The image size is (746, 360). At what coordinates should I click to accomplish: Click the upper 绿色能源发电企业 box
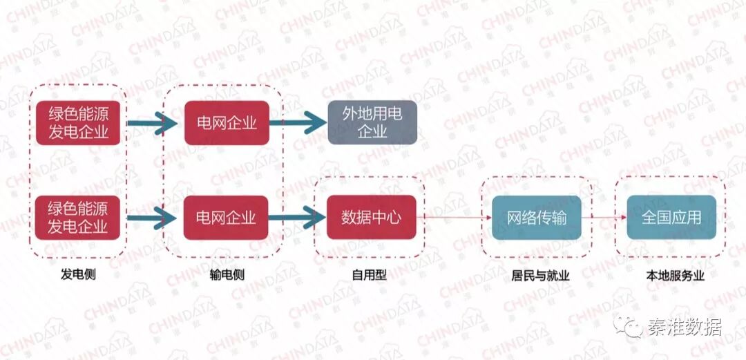click(78, 123)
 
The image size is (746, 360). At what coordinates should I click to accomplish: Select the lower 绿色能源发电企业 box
click(78, 217)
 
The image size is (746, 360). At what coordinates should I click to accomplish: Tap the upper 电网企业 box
click(227, 123)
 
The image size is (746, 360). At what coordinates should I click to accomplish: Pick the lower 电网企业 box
click(227, 218)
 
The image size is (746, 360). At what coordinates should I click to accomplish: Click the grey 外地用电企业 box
click(372, 122)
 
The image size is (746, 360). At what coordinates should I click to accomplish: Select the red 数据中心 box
click(371, 218)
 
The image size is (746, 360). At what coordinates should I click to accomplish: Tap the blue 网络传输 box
click(537, 218)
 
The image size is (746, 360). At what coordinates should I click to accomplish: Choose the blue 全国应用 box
click(671, 218)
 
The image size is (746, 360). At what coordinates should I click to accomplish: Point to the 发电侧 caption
click(78, 275)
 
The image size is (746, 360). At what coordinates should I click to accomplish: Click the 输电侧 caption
click(227, 275)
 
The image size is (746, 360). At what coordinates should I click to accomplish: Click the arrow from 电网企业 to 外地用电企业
click(297, 124)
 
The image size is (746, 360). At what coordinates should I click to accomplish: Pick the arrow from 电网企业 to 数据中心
click(297, 218)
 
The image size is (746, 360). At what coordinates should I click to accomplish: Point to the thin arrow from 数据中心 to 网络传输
click(452, 218)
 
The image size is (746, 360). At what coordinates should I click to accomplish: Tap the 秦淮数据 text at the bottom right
click(684, 327)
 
